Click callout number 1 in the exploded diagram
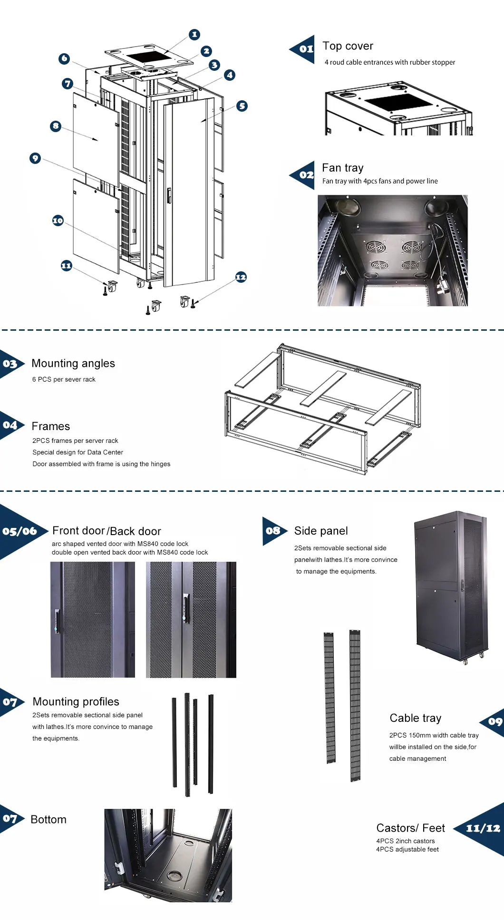point(194,34)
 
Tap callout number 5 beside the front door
point(242,106)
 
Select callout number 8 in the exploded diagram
point(56,126)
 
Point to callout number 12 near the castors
point(241,277)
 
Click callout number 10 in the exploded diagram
point(58,220)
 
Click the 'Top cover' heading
point(348,46)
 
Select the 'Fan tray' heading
point(342,168)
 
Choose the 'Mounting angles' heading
point(73,364)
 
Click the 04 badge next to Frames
point(10,425)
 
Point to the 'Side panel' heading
point(321,531)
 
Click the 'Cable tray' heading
point(415,718)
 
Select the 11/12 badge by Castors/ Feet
point(483,828)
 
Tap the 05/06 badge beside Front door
point(19,531)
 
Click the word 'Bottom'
point(48,819)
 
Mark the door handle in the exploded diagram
point(169,195)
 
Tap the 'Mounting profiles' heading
point(76,702)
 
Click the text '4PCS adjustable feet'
point(407,849)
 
